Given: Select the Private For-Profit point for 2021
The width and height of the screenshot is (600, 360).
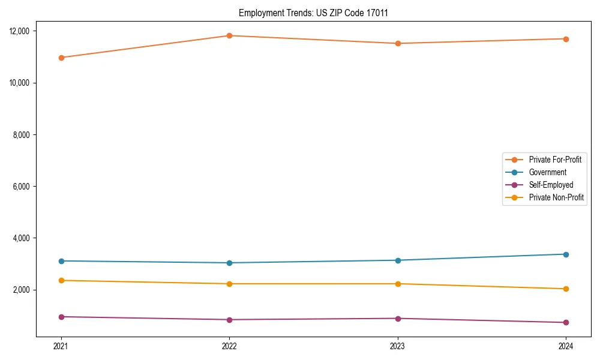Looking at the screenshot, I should [x=61, y=58].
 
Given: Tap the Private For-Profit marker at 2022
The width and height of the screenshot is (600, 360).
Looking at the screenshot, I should [x=229, y=35].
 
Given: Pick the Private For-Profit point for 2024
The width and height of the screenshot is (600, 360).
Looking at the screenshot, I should [x=566, y=39].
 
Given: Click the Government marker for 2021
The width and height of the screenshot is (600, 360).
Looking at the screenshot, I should [x=61, y=261].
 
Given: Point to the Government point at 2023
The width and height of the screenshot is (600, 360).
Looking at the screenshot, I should [x=398, y=260].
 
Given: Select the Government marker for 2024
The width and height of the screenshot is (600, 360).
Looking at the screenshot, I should [x=566, y=254].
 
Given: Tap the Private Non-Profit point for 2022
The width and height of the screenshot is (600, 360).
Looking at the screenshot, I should [x=229, y=284].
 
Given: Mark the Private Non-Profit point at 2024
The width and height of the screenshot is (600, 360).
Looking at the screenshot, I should [x=566, y=289].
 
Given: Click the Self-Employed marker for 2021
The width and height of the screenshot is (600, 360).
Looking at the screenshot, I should [x=61, y=317].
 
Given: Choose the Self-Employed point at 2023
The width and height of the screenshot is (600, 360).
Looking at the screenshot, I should [x=398, y=319].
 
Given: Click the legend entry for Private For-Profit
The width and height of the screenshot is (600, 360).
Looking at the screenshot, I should [x=555, y=160].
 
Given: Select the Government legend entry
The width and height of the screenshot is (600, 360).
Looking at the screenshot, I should [x=547, y=172].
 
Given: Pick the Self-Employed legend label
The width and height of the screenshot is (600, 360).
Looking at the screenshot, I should [x=551, y=185].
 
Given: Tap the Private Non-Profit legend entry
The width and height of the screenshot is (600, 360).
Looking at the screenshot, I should [x=556, y=197].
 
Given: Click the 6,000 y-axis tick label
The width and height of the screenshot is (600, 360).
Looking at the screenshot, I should [x=22, y=187].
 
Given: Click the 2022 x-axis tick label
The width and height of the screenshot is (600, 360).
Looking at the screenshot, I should [x=229, y=346].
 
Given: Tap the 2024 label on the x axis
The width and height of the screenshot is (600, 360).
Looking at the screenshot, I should [x=566, y=346].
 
